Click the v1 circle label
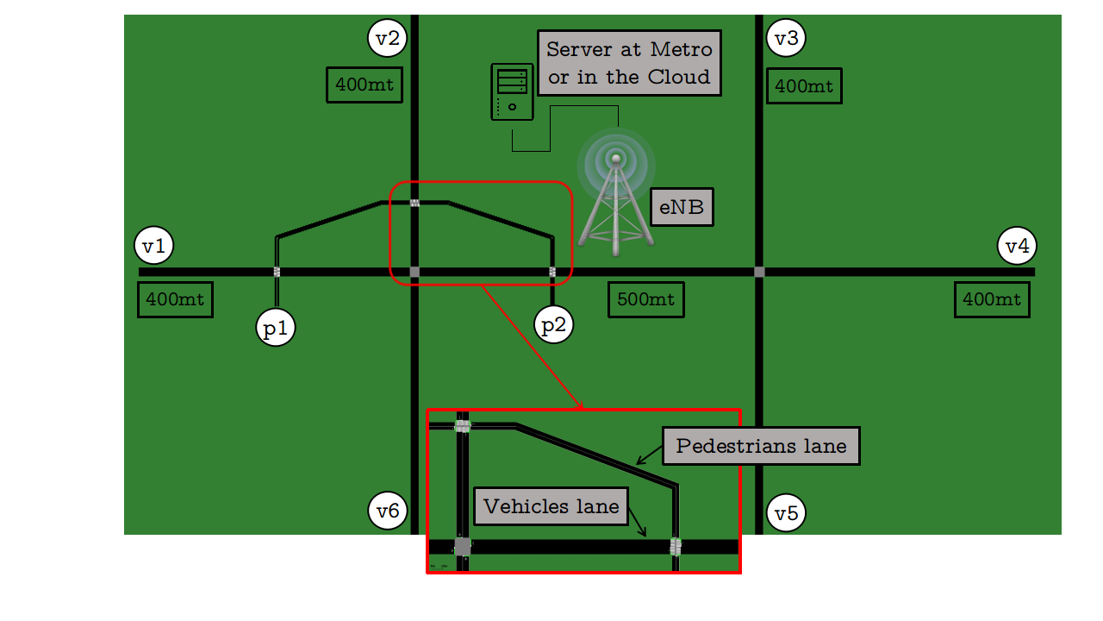point(154,246)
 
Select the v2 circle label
point(388,37)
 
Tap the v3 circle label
point(786,37)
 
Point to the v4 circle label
point(1017,246)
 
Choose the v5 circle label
point(786,513)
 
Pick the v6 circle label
point(388,511)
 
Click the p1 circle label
point(276,328)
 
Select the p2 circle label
point(553,324)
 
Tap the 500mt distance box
point(646,300)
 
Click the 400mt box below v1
point(175,300)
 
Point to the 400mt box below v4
point(992,300)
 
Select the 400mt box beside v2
point(365,85)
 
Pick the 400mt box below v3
point(804,86)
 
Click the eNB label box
point(682,207)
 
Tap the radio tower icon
point(614,198)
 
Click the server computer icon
point(511,91)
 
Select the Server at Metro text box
point(629,63)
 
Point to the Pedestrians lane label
point(761,446)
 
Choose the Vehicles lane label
point(551,506)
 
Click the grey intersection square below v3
point(759,272)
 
